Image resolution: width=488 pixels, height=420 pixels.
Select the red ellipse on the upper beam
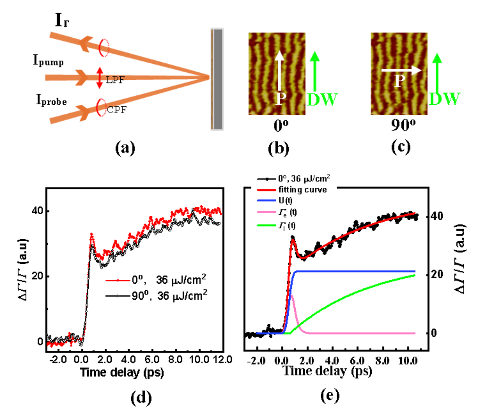pos(104,47)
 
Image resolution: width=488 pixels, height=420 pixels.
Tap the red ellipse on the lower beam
pos(101,108)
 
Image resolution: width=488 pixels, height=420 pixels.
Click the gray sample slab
pos(217,79)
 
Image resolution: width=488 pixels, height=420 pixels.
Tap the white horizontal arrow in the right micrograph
pos(401,70)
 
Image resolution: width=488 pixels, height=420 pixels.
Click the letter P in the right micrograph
pos(399,82)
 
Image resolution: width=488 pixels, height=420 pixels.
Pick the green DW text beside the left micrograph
pos(322,99)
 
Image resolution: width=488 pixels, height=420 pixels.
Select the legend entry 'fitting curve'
pos(302,190)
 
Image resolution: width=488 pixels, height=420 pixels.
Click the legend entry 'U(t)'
pos(286,201)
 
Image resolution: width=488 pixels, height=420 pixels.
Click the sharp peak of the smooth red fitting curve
pos(293,240)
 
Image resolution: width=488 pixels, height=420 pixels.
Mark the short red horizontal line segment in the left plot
pos(118,281)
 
